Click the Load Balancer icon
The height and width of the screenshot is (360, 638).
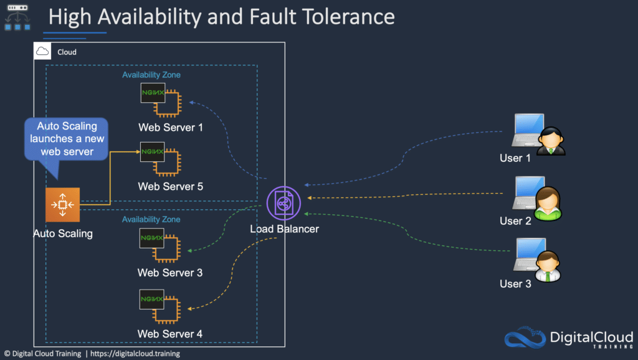[x=283, y=204]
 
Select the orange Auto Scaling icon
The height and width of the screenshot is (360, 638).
[x=62, y=204]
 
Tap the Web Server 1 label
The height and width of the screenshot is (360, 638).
[x=170, y=128]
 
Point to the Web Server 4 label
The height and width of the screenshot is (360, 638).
[x=170, y=334]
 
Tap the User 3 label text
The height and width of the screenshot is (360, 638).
[x=515, y=284]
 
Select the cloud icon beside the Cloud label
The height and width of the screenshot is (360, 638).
[x=42, y=52]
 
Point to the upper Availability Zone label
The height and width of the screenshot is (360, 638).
[x=151, y=75]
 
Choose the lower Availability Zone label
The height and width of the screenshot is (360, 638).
[x=151, y=219]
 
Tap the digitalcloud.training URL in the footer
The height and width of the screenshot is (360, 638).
[x=135, y=354]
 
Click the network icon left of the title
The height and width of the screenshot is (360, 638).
[x=17, y=17]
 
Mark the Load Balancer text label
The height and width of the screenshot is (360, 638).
[x=284, y=229]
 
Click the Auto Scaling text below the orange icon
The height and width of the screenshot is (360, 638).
[x=63, y=234]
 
